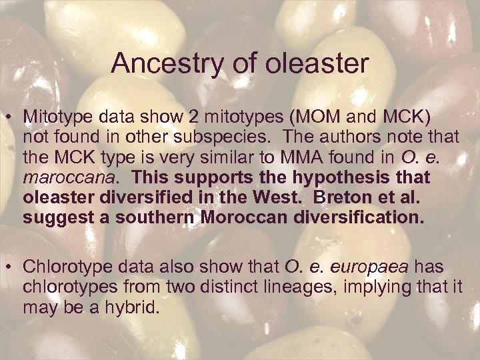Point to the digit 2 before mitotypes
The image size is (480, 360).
tap(194, 117)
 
